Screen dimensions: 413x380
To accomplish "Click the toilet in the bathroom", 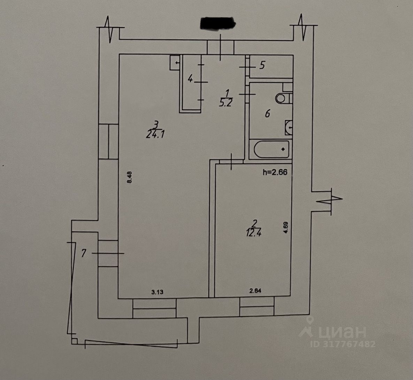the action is point(281,98).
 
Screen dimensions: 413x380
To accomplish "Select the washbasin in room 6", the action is point(288,127).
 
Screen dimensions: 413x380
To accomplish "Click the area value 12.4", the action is point(255,233).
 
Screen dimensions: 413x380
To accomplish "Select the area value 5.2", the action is point(227,103).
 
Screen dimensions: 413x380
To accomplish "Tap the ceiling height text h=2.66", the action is point(275,172).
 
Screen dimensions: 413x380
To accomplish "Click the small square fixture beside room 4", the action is point(175,63).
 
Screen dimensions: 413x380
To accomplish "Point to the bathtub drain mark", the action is point(283,149).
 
